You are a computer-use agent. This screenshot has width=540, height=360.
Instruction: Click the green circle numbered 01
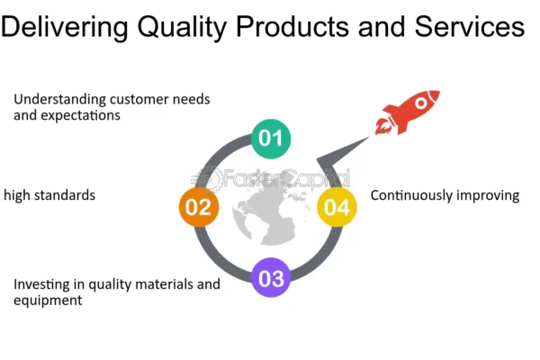271,139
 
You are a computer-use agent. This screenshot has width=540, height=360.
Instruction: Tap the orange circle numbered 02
199,207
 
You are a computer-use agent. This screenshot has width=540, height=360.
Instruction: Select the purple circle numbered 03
271,277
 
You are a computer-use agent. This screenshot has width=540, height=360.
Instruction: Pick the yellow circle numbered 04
337,207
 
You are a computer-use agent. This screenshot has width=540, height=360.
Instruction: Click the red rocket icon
408,112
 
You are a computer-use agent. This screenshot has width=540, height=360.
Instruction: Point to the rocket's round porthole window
421,103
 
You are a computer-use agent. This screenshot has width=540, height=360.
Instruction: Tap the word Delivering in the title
65,27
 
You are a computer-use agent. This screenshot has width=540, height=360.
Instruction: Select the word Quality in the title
182,27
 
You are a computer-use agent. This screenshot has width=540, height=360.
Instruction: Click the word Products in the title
292,26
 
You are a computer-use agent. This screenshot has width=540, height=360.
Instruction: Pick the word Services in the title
470,26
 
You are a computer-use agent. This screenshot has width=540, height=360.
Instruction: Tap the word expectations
81,115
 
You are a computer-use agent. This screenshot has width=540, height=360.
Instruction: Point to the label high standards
49,195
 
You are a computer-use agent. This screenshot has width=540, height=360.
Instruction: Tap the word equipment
48,301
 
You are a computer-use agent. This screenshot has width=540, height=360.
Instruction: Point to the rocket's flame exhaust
383,126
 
